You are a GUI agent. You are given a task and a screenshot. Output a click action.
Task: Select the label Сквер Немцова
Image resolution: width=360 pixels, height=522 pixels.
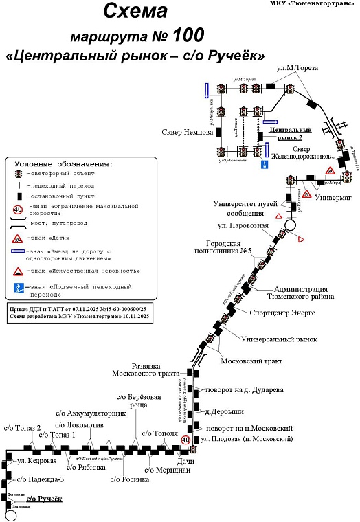(187, 133)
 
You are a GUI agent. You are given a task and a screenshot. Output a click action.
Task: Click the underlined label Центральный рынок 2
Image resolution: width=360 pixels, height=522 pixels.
(291, 133)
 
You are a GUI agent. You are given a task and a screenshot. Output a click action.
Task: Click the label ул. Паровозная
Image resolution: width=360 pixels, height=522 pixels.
(243, 226)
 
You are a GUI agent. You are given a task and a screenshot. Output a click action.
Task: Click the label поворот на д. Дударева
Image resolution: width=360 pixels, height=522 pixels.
(245, 390)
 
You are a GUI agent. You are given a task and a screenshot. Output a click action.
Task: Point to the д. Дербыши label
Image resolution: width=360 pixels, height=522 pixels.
(225, 411)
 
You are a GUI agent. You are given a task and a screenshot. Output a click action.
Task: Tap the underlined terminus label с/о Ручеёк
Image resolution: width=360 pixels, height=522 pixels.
(44, 498)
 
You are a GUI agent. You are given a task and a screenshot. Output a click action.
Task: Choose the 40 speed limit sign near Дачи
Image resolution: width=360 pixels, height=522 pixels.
(185, 439)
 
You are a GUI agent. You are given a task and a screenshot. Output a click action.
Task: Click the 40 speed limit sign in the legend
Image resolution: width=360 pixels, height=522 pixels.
(18, 209)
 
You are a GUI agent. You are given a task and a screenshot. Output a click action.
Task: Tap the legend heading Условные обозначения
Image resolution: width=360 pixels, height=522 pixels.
(64, 164)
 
